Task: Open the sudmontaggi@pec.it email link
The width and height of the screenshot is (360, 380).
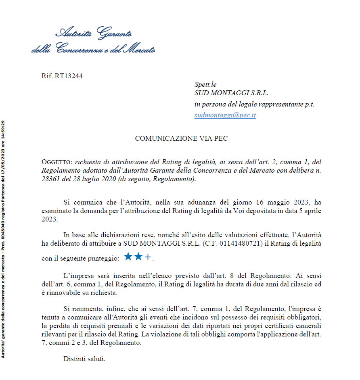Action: click(225, 115)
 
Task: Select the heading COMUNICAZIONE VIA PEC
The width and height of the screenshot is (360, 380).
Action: click(181, 139)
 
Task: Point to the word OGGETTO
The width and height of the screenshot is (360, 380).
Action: click(56, 162)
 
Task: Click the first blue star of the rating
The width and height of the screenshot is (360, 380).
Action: click(128, 257)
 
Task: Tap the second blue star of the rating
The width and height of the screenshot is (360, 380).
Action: click(138, 257)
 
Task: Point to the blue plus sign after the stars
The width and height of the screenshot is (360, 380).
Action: click(148, 257)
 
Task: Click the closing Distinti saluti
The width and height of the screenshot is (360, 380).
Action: click(84, 358)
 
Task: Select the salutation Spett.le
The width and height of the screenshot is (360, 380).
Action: click(205, 84)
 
